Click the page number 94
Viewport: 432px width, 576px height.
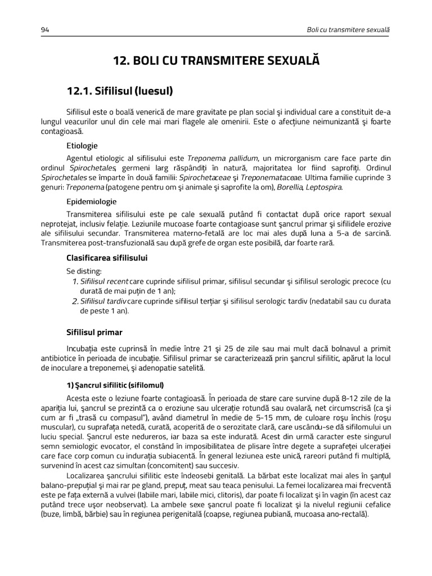pos(45,29)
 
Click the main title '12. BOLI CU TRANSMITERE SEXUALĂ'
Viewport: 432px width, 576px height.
pos(216,60)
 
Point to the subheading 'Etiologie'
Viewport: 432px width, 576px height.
pos(82,146)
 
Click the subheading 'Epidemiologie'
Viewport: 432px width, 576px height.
pos(92,201)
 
